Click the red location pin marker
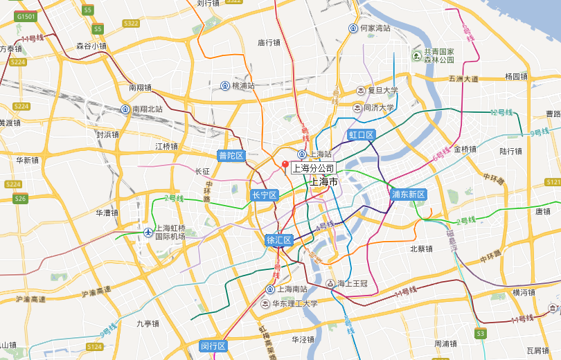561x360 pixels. pyautogui.click(x=284, y=164)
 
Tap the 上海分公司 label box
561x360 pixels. pyautogui.click(x=313, y=168)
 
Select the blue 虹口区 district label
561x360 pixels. pyautogui.click(x=361, y=134)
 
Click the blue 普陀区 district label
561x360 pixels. pyautogui.click(x=231, y=155)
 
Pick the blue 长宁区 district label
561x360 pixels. pyautogui.click(x=264, y=195)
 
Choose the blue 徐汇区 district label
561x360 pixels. pyautogui.click(x=279, y=240)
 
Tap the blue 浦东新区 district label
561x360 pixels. pyautogui.click(x=408, y=195)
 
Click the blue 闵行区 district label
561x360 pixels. pyautogui.click(x=213, y=346)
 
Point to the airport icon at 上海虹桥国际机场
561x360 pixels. pyautogui.click(x=148, y=232)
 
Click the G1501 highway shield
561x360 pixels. pyautogui.click(x=26, y=15)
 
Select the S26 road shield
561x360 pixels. pyautogui.click(x=20, y=199)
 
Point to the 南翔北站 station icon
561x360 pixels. pyautogui.click(x=125, y=109)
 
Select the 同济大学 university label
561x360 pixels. pyautogui.click(x=379, y=107)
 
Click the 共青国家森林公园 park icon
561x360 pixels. pyautogui.click(x=416, y=55)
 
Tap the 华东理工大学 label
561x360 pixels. pyautogui.click(x=294, y=303)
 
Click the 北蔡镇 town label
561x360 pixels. pyautogui.click(x=421, y=249)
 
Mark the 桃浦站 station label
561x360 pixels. pyautogui.click(x=243, y=86)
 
